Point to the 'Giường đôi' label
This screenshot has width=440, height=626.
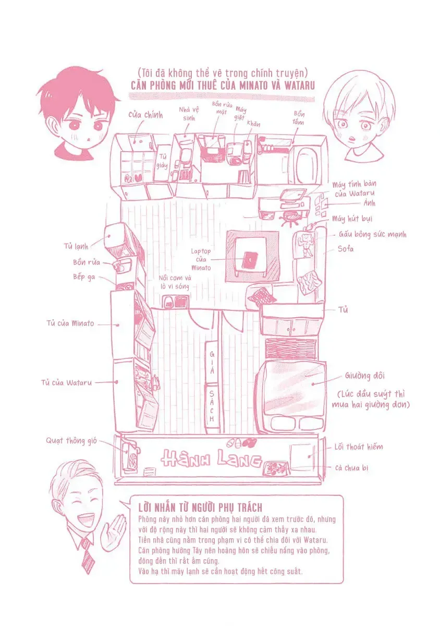point(364,375)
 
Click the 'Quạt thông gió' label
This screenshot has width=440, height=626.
point(71,441)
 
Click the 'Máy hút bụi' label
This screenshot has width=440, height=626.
point(352,218)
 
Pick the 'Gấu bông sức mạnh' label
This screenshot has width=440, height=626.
point(372,235)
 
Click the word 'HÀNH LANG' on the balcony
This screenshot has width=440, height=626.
point(211,459)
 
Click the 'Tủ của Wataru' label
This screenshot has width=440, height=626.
point(66,382)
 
